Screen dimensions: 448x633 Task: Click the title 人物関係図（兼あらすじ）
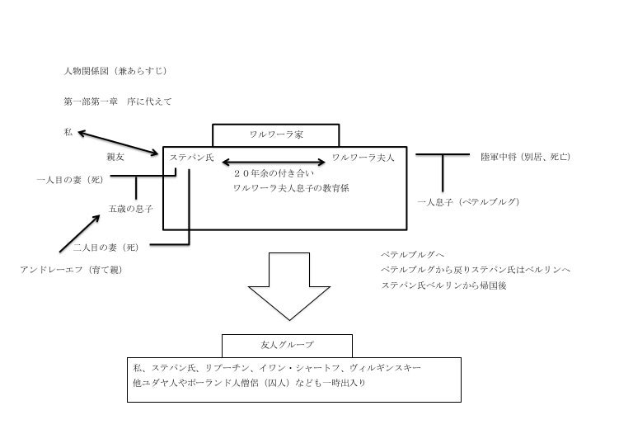116,71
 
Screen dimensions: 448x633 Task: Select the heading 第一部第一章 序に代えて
117,101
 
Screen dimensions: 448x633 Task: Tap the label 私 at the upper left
68,132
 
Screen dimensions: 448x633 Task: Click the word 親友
115,156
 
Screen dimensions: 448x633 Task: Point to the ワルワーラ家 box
275,134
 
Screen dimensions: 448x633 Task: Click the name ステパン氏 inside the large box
191,157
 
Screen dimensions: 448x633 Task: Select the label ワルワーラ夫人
363,157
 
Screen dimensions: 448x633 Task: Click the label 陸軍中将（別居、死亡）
526,157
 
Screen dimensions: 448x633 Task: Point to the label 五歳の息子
130,209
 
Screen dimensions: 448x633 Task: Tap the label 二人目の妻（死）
104,246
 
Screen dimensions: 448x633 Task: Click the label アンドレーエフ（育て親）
71,270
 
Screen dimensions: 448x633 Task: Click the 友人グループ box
287,344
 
